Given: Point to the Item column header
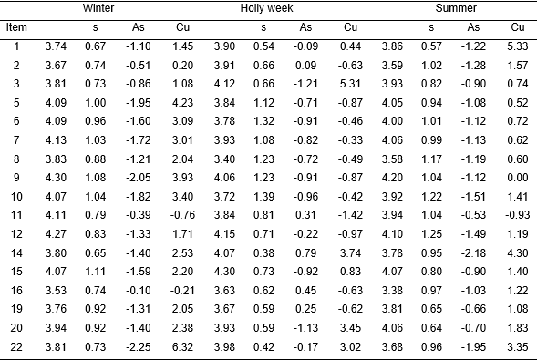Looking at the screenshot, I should (x=16, y=26).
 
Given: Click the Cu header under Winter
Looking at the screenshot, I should (x=181, y=27).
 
